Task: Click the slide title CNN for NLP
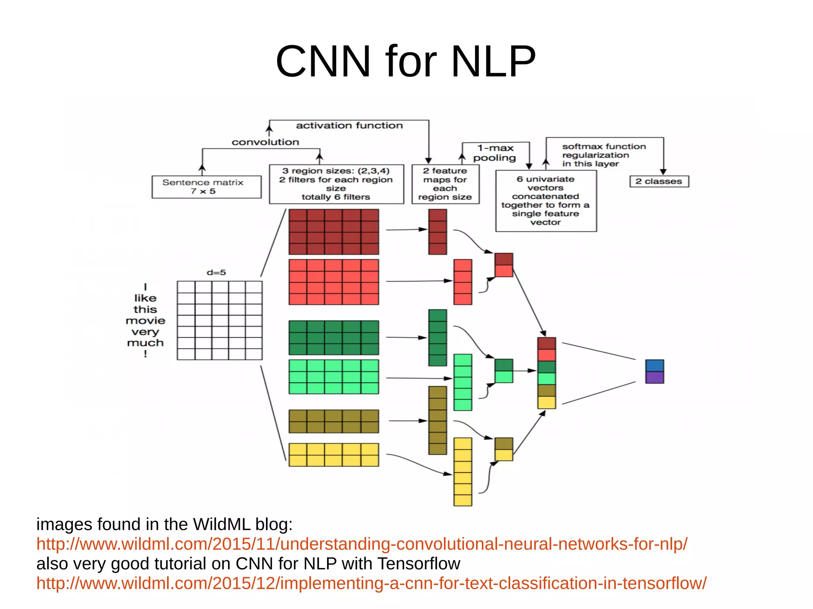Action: coord(406,61)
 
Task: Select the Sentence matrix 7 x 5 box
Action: coord(206,187)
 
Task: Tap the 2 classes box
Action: coord(659,181)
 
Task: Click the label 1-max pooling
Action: coord(495,153)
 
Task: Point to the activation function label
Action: coord(349,125)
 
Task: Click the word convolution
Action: coord(265,142)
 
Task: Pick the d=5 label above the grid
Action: coord(216,272)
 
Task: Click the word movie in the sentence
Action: coord(145,320)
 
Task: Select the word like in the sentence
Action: coord(145,298)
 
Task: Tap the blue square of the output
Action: coord(654,365)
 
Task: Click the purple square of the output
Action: coord(654,377)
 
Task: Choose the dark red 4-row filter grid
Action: coord(333,232)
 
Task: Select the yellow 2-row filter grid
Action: coord(333,455)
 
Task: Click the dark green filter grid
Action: coord(333,338)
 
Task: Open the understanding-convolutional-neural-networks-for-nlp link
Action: coord(362,544)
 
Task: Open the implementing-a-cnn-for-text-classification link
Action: coord(371,583)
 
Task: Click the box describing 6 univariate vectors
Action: coord(545,201)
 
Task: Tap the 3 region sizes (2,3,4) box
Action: coord(336,184)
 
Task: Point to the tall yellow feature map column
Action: coord(462,472)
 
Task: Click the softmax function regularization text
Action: coord(603,155)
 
